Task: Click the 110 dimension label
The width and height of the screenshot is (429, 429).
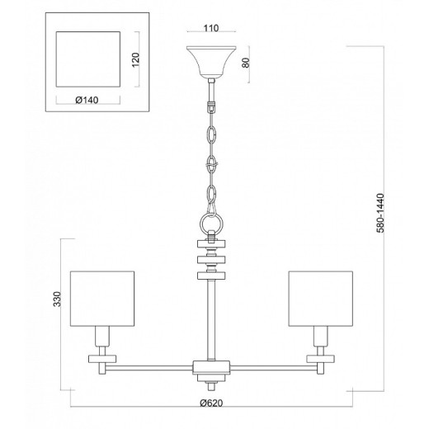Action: (211, 28)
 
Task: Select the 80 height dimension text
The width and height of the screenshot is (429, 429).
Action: (246, 63)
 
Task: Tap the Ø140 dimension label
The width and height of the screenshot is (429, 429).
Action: (87, 100)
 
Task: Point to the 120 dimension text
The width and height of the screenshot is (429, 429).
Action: (136, 59)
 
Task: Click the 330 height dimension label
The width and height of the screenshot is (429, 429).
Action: (57, 299)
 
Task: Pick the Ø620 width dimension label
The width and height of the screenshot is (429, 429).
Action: (211, 403)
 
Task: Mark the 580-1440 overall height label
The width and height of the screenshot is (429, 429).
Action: (380, 213)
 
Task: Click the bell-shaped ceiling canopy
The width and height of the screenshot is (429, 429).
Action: (211, 62)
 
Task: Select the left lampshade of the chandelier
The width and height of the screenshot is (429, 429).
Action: (102, 299)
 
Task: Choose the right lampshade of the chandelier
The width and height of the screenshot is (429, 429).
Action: (321, 299)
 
